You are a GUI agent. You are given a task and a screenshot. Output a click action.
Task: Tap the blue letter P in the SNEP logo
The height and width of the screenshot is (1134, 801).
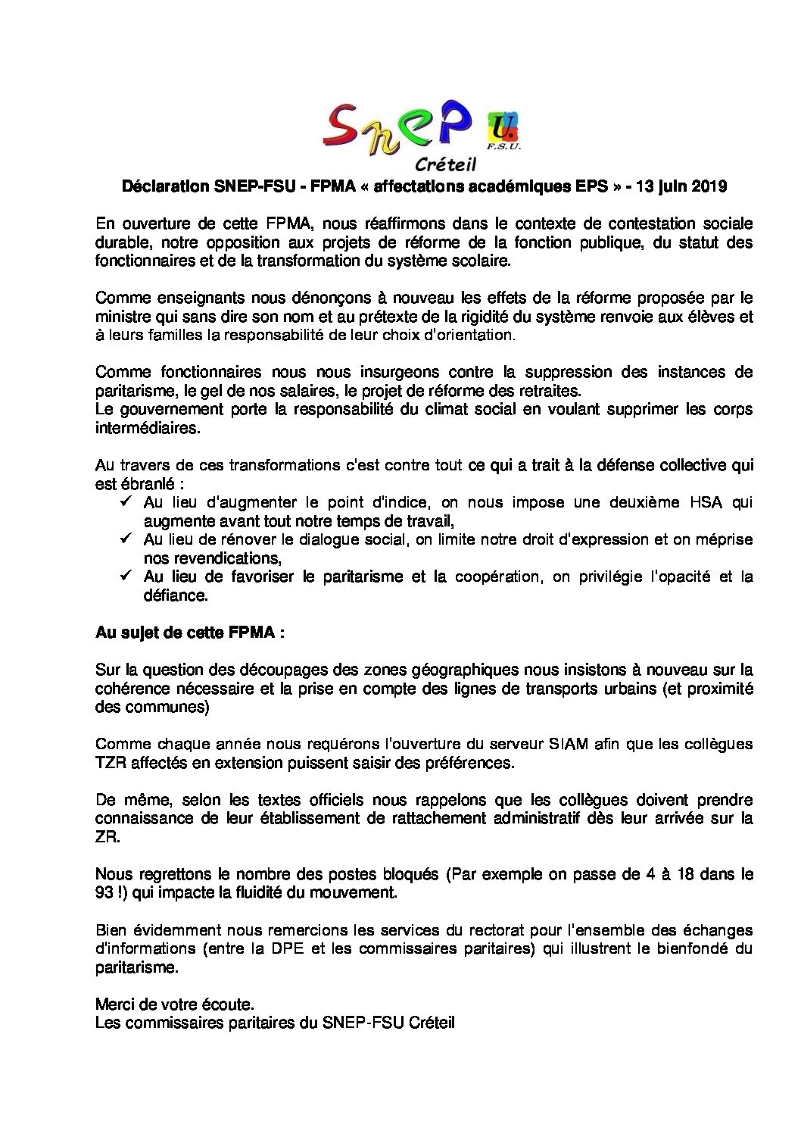(457, 121)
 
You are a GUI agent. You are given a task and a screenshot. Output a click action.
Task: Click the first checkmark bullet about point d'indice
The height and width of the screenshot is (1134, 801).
(126, 502)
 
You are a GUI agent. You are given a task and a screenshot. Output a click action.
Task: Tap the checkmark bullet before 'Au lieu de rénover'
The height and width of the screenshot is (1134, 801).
(126, 539)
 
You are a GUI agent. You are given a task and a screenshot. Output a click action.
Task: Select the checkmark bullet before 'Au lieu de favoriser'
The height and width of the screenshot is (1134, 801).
(126, 576)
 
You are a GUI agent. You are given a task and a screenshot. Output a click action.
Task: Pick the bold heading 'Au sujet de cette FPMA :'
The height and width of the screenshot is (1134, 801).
(190, 633)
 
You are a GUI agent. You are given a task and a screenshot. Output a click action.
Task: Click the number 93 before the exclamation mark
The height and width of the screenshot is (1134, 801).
(105, 892)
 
